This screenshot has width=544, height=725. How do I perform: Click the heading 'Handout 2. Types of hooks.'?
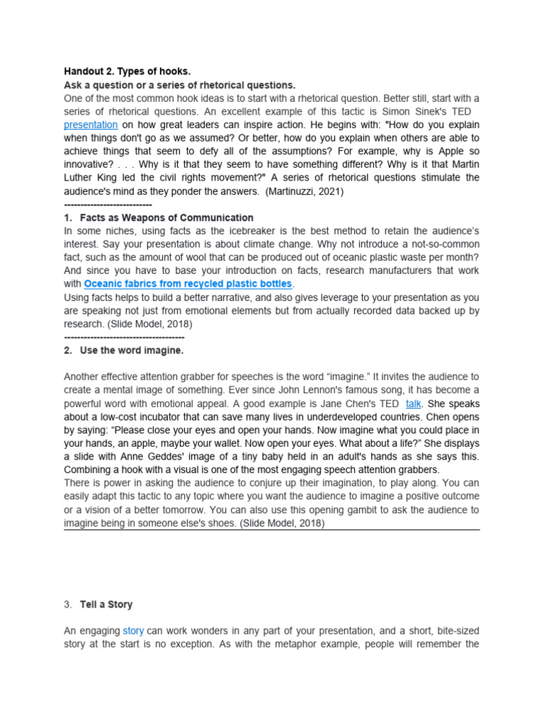coord(127,72)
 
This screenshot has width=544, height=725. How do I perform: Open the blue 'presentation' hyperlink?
coord(92,125)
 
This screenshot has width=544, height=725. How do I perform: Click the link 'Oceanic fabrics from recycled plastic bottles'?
coord(188,284)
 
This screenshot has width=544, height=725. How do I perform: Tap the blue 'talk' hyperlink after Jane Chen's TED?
coord(414,403)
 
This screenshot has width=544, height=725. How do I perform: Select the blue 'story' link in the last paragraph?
coord(133,630)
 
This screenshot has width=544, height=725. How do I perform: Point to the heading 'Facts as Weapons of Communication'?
coord(166,217)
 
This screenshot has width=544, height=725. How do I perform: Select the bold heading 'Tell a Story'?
coord(106,605)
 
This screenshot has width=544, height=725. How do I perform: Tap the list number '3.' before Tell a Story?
coord(68,605)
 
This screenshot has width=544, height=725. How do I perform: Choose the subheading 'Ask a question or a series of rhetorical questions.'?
coord(180,85)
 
